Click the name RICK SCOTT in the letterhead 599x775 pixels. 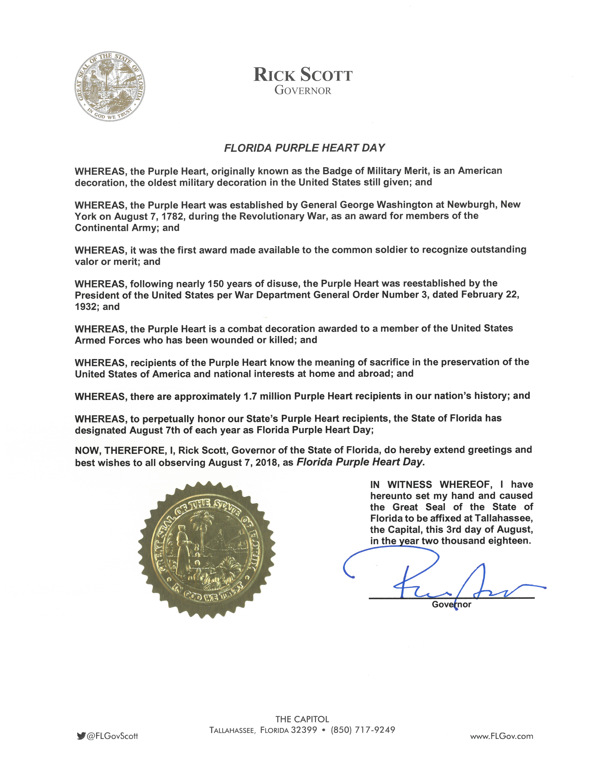coord(303,75)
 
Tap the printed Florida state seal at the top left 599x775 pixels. coord(110,87)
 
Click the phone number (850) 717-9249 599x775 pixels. coord(363,730)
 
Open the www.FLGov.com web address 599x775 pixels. coord(501,736)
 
